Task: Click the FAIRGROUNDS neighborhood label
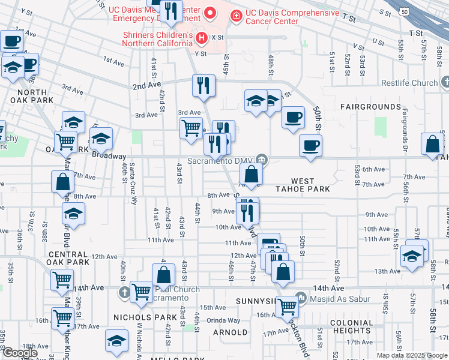click(x=370, y=107)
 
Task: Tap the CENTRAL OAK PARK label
click(x=69, y=259)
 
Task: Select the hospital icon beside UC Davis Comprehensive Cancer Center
click(x=237, y=16)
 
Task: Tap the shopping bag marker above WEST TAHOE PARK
click(x=252, y=175)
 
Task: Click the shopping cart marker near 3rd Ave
click(x=191, y=128)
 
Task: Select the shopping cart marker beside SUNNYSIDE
click(x=288, y=307)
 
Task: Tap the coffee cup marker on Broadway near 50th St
click(x=310, y=146)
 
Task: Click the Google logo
click(x=20, y=353)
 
